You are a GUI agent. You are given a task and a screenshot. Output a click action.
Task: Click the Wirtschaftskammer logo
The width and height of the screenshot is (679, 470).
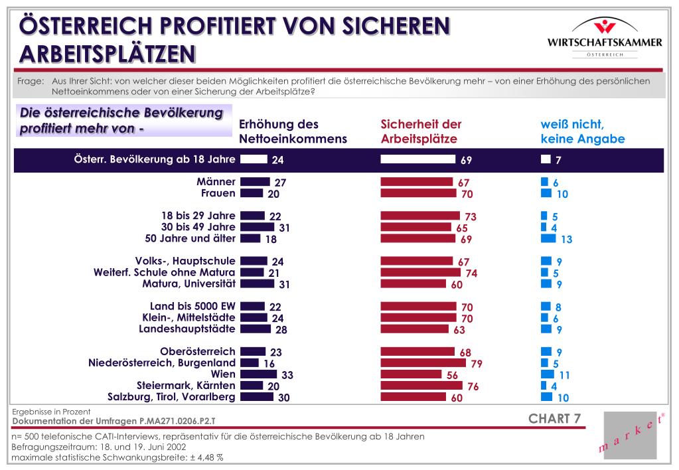coord(605,37)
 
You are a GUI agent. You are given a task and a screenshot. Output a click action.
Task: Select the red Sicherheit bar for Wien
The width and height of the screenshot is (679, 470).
coord(411,374)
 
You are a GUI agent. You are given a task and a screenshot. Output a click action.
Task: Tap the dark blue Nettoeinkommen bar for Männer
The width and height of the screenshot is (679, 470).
coord(255,181)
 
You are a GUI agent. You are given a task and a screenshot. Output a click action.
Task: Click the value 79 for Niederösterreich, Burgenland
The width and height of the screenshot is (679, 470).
coord(477,363)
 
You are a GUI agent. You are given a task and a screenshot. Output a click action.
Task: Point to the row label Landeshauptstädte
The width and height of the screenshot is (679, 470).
coord(187,329)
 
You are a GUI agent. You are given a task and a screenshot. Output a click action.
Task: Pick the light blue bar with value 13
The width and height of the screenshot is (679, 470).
coord(548,238)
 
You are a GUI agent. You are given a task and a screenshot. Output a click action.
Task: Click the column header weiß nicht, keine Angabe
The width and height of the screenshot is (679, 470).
coord(583,131)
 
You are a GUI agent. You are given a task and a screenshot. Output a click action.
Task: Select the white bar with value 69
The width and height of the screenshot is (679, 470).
coord(418,159)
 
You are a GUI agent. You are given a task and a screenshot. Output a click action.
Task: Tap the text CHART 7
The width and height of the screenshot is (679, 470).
coord(554,418)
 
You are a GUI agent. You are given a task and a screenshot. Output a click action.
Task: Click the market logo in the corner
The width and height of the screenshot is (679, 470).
coord(630,435)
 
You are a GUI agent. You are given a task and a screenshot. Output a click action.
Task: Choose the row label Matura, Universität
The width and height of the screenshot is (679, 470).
coord(189,283)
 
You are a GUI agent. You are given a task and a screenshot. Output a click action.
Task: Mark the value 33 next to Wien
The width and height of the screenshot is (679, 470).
coord(287,374)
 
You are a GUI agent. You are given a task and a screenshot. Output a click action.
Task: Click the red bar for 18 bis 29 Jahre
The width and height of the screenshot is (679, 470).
coord(420,215)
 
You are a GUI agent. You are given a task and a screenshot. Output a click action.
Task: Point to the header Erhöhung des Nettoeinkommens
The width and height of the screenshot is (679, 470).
coord(293,131)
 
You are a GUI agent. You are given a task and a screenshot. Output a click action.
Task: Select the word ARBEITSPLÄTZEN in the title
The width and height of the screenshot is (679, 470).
coord(108,54)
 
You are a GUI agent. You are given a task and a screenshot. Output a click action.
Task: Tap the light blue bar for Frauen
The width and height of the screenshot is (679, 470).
coord(546,193)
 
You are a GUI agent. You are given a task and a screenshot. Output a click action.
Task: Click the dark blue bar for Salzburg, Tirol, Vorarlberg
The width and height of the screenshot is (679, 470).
coord(257,396)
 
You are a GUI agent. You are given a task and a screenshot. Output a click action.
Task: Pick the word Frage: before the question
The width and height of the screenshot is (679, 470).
coord(31,81)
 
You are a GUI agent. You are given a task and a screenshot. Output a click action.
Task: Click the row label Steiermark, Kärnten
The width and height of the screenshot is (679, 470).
coord(187,385)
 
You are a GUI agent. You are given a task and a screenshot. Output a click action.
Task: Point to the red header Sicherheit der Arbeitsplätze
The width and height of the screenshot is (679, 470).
coord(421,131)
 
